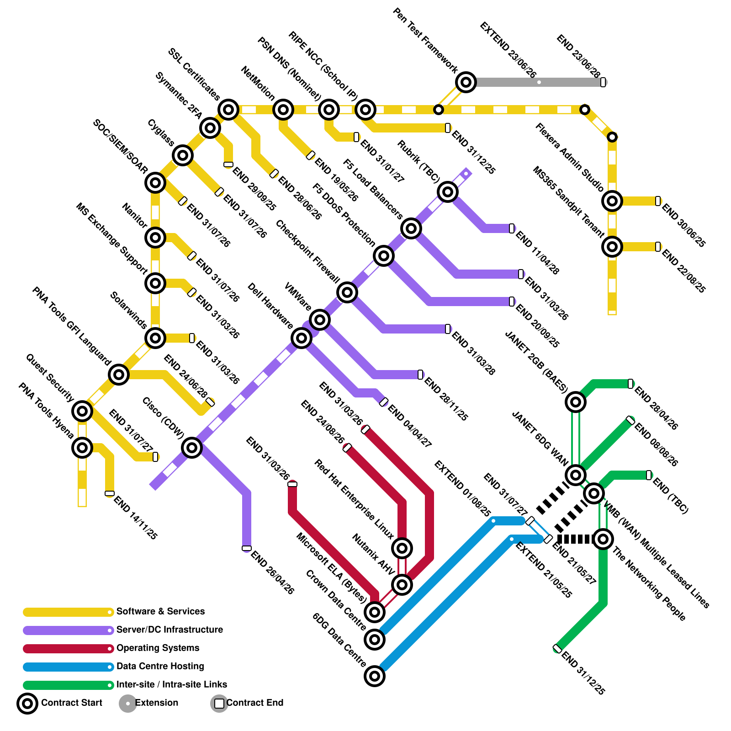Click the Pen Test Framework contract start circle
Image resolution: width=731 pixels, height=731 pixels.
click(x=466, y=82)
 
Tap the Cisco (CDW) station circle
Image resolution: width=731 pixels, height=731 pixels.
click(x=192, y=448)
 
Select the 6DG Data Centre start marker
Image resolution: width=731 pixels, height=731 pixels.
click(x=375, y=676)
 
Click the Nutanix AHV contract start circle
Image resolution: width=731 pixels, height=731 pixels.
click(x=402, y=584)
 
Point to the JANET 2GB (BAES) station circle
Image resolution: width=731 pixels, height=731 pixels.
click(x=576, y=402)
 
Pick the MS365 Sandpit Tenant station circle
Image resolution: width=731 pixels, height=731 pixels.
click(x=612, y=247)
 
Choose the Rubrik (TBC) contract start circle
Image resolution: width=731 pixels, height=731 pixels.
click(x=448, y=192)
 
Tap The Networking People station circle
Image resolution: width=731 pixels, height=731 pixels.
click(x=603, y=539)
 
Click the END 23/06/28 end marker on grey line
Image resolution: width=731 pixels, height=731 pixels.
click(x=603, y=82)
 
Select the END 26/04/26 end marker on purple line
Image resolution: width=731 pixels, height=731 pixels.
click(x=247, y=548)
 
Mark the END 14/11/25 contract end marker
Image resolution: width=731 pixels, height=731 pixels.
click(x=110, y=493)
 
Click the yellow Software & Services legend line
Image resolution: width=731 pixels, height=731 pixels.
click(x=68, y=612)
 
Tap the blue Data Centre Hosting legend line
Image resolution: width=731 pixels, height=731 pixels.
click(x=68, y=667)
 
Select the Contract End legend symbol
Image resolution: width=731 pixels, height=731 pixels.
click(x=219, y=704)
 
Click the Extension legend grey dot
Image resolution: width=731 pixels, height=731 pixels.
click(x=128, y=704)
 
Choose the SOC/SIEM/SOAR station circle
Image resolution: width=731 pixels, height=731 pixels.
click(x=155, y=183)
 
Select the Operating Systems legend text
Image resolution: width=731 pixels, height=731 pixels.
click(x=158, y=648)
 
